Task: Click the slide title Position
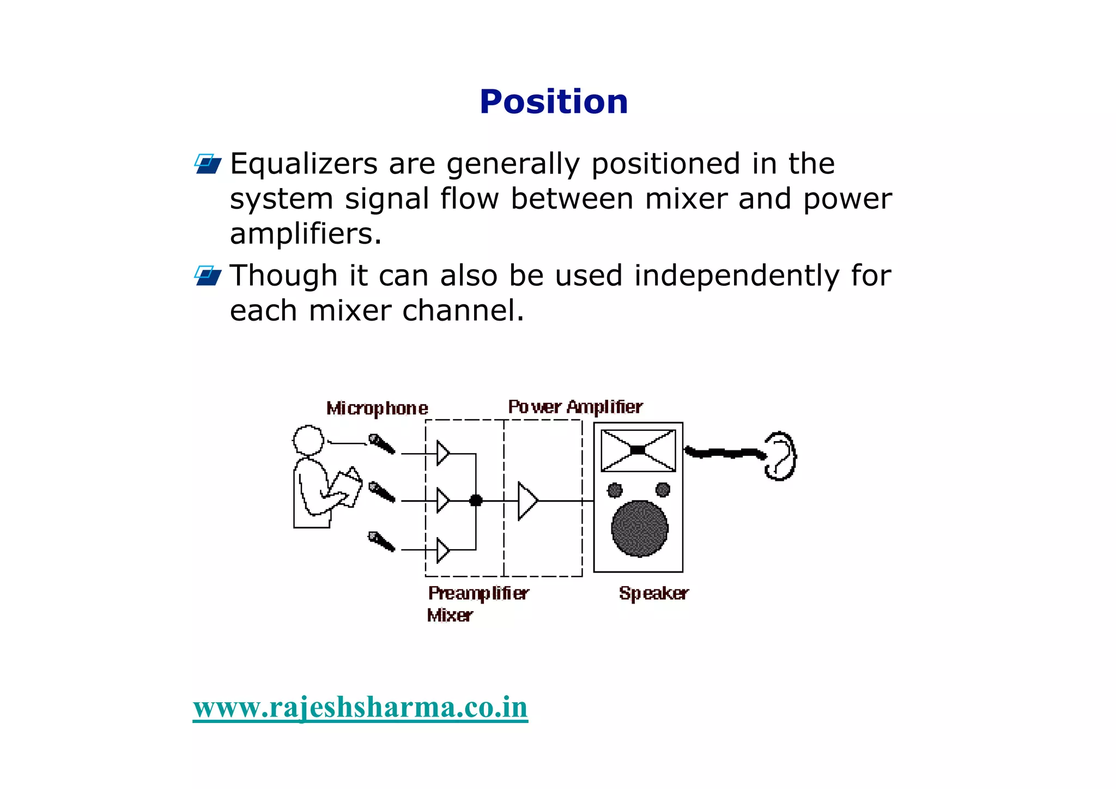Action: tap(554, 102)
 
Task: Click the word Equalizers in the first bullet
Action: tap(304, 164)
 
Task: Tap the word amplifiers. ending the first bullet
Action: tap(305, 234)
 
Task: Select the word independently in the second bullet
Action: tap(737, 275)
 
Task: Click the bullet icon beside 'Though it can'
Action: tap(208, 275)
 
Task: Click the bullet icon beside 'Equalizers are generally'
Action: tap(208, 164)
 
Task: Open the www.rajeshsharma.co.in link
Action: tap(360, 707)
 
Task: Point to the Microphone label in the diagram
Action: tap(377, 408)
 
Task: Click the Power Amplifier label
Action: tap(575, 407)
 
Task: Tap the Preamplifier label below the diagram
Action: tap(478, 593)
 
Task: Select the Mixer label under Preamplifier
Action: tap(450, 616)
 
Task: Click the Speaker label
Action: tap(653, 593)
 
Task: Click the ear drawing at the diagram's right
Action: tap(780, 456)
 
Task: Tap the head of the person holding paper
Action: tap(308, 439)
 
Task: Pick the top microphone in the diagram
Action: tap(381, 443)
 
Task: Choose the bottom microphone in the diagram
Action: tap(381, 541)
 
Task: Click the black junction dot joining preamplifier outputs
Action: tap(476, 500)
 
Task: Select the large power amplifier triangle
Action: tap(526, 501)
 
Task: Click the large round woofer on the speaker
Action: tap(639, 528)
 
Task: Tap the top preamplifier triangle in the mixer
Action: tap(442, 453)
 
